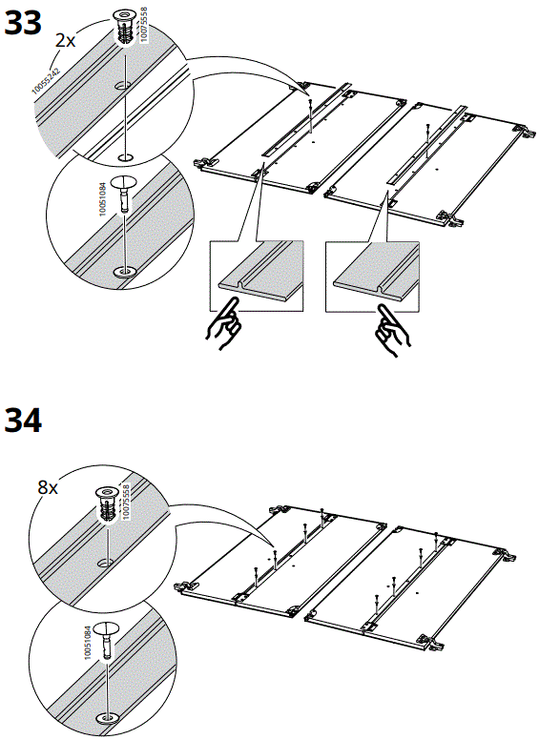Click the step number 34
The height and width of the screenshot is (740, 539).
pyautogui.click(x=24, y=420)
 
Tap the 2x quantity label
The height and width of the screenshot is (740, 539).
pyautogui.click(x=65, y=41)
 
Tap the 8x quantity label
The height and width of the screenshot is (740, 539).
pyautogui.click(x=48, y=486)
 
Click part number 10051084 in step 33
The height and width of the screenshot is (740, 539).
pyautogui.click(x=104, y=197)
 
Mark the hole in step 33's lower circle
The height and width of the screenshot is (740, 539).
pyautogui.click(x=124, y=273)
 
